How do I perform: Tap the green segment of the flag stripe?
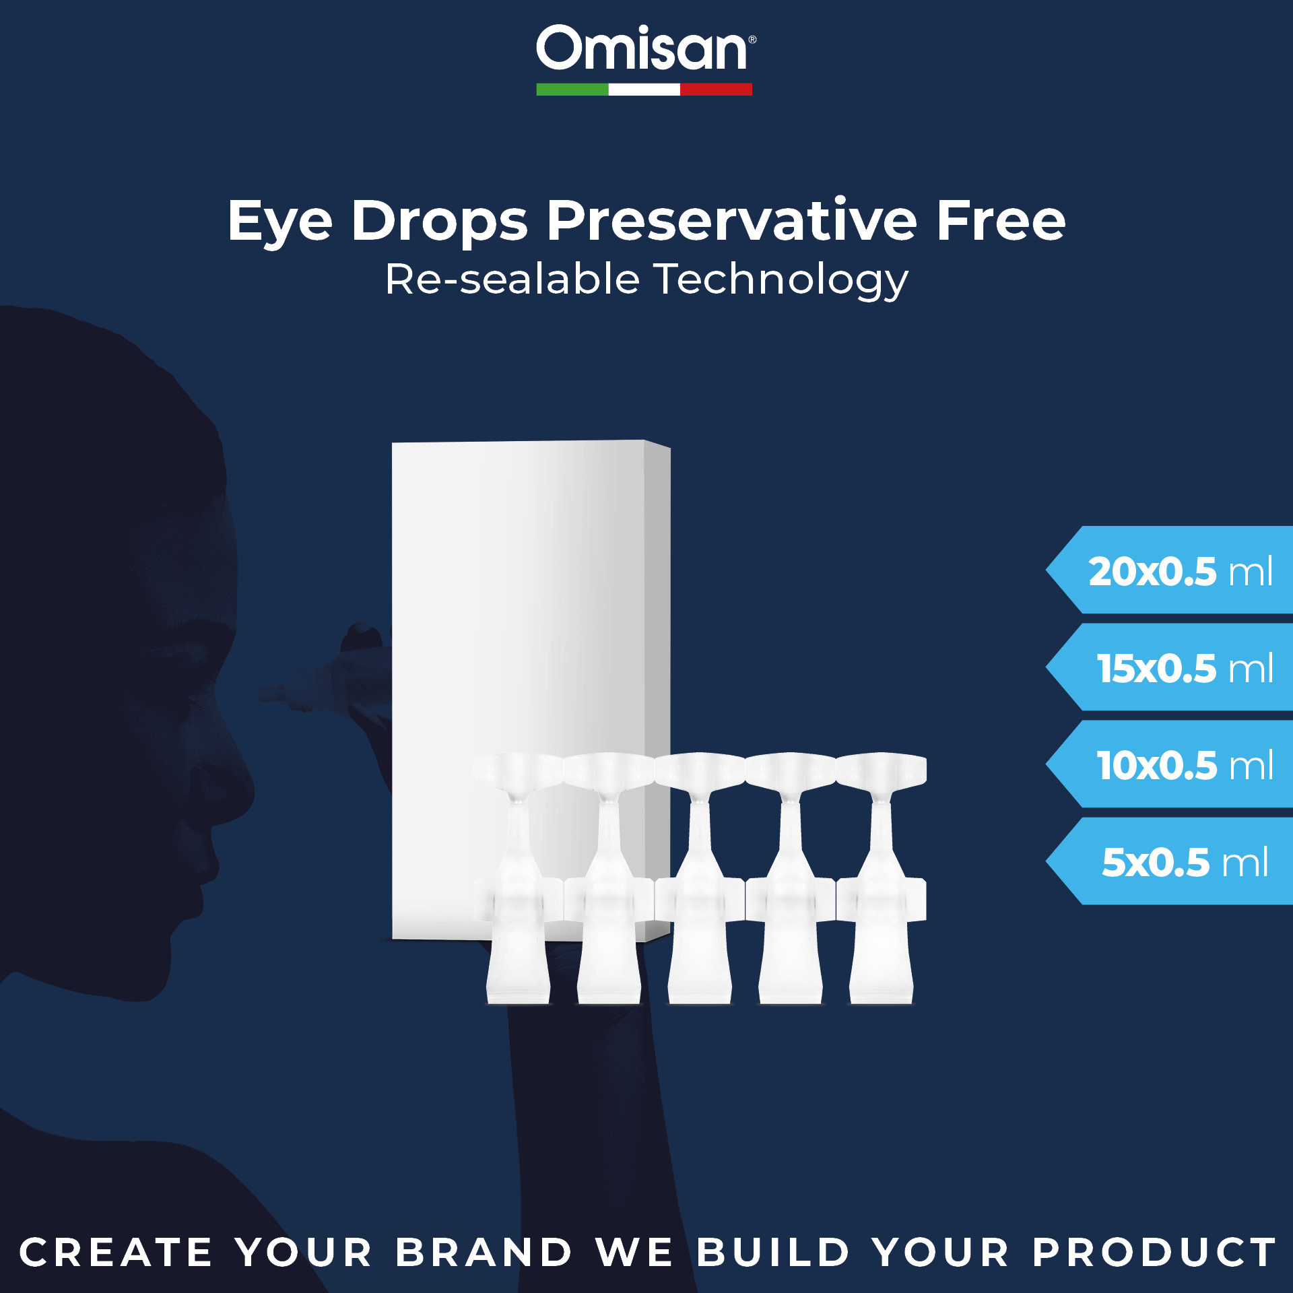[x=572, y=90]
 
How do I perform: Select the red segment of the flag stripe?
[x=716, y=90]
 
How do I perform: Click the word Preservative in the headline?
[x=731, y=220]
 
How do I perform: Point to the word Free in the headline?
[x=1001, y=220]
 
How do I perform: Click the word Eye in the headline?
[x=280, y=222]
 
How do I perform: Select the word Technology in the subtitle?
[x=782, y=280]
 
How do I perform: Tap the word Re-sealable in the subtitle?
[x=512, y=279]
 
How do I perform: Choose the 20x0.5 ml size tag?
[x=1170, y=570]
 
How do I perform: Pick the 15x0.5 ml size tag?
[x=1170, y=667]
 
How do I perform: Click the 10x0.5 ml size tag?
[x=1170, y=764]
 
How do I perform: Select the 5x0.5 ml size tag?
[x=1170, y=861]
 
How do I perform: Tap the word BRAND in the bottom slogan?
[x=484, y=1253]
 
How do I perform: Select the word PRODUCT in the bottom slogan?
[x=1154, y=1253]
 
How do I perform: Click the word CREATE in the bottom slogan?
[x=116, y=1253]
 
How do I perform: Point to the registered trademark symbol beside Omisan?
[x=752, y=40]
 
